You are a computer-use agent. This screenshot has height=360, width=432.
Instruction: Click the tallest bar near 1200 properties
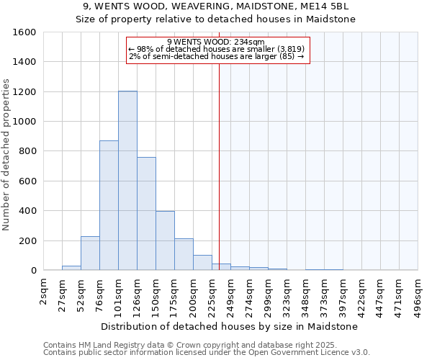pyautogui.click(x=127, y=180)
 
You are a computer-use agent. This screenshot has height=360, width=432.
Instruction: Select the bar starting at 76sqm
pyautogui.click(x=109, y=205)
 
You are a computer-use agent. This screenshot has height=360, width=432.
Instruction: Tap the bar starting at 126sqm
pyautogui.click(x=146, y=213)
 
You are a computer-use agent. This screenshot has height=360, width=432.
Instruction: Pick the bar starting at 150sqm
pyautogui.click(x=165, y=240)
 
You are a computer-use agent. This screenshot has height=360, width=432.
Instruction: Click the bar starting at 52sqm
pyautogui.click(x=90, y=253)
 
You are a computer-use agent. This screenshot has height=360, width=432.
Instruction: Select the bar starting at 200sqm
pyautogui.click(x=202, y=263)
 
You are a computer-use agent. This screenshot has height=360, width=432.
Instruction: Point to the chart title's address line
pyautogui.click(x=216, y=6)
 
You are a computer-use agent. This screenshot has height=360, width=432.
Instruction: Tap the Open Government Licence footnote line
pyautogui.click(x=207, y=352)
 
